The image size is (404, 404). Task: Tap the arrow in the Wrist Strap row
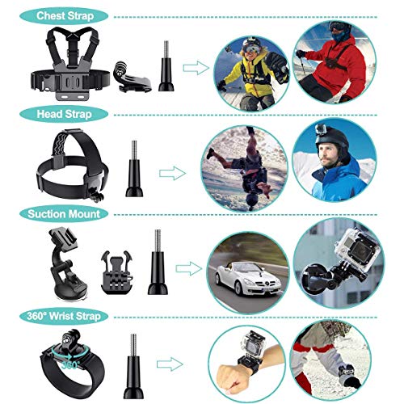[x=168, y=364]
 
